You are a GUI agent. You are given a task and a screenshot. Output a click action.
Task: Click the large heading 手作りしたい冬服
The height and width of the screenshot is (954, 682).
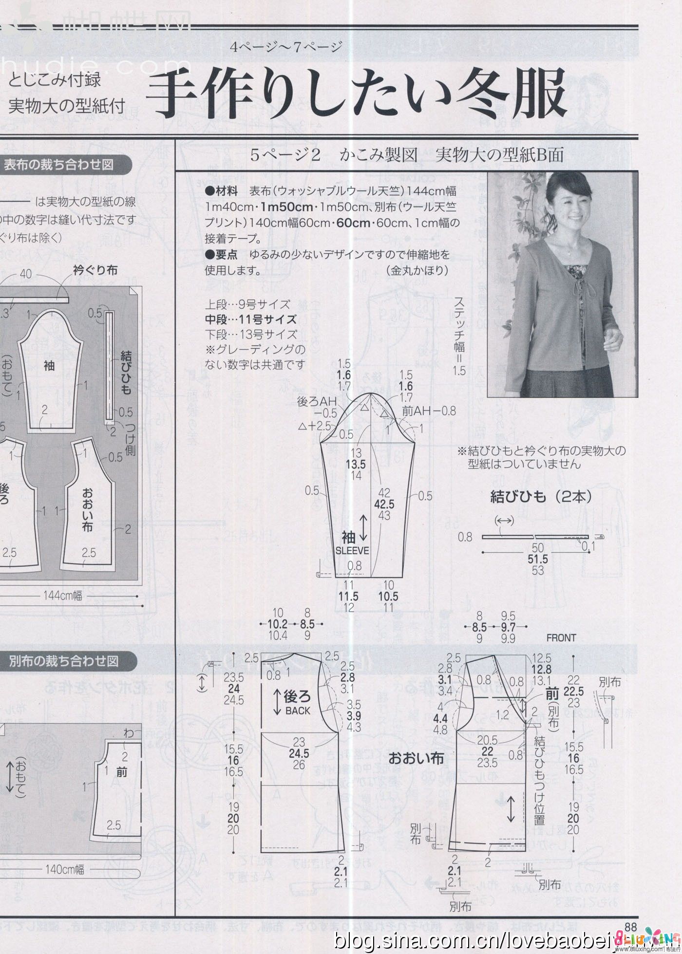[356, 95]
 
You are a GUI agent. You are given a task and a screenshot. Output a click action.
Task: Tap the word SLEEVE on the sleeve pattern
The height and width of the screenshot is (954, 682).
[352, 551]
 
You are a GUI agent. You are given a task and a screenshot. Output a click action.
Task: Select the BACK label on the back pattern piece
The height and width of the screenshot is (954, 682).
[298, 711]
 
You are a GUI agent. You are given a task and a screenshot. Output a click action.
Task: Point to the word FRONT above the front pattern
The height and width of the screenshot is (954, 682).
[561, 637]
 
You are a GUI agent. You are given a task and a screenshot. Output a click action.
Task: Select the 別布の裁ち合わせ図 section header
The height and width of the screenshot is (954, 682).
[63, 661]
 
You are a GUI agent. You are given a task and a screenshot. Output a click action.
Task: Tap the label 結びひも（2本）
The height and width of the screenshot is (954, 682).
[541, 496]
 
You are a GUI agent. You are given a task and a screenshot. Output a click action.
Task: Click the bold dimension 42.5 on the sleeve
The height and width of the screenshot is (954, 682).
[384, 504]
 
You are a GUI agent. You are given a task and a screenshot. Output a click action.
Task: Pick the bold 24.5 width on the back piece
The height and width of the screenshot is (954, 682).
[299, 753]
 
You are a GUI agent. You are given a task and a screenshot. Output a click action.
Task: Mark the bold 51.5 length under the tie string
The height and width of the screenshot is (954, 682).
[538, 559]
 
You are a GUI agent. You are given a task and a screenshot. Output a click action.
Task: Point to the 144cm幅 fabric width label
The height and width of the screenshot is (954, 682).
[63, 595]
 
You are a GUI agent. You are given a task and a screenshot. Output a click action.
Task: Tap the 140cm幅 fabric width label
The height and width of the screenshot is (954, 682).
[65, 869]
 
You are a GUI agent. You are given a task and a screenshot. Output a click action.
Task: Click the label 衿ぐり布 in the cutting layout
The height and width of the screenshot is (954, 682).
[95, 270]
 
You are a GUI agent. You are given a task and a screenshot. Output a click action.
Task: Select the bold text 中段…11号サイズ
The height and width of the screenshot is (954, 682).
[250, 319]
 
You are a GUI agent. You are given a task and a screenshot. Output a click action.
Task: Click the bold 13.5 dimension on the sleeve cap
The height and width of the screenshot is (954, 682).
[356, 464]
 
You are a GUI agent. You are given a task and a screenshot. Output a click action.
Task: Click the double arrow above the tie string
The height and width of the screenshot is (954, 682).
[504, 521]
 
